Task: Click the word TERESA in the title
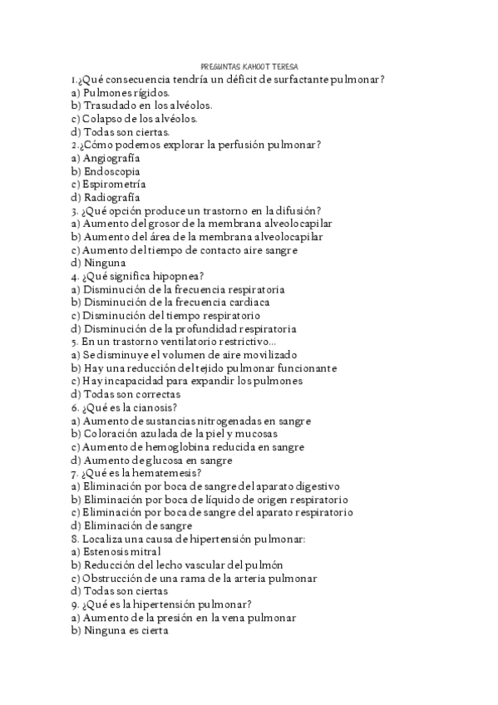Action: [285, 67]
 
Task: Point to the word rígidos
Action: [150, 92]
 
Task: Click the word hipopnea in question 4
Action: [176, 276]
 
